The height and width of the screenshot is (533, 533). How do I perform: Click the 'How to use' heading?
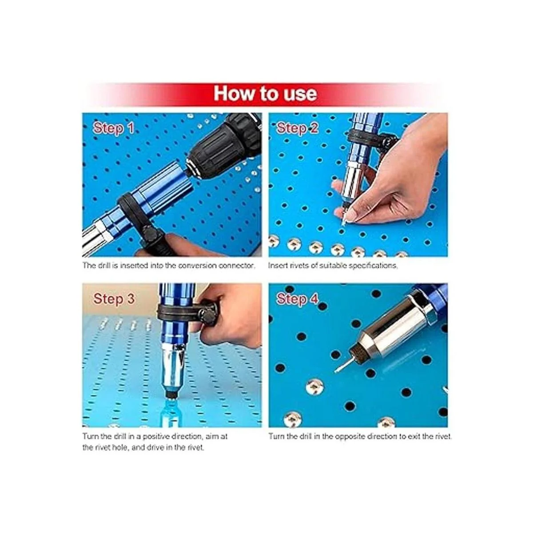coord(265,94)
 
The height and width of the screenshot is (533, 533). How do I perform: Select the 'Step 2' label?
coord(298,128)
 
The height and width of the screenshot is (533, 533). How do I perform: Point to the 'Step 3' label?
coord(114,299)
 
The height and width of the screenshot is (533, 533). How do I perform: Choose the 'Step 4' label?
coord(298,299)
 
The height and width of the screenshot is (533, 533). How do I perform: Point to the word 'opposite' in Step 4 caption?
coord(350,437)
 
